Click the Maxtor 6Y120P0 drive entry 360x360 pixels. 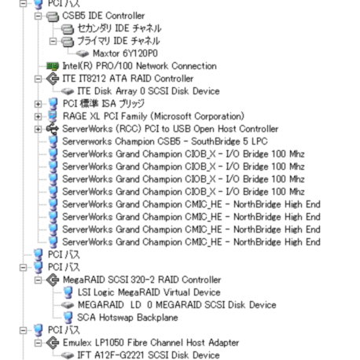pos(125,53)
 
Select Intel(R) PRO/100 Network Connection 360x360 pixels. pos(139,66)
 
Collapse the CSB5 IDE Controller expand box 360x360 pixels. pos(38,16)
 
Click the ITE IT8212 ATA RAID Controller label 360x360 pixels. pos(128,79)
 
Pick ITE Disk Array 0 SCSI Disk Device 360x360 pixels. pos(149,91)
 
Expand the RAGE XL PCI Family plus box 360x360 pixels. pos(38,116)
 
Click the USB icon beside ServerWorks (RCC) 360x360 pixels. pos(53,129)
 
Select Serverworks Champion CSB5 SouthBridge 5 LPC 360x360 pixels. pos(165,141)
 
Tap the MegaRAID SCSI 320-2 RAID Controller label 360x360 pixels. pos(141,280)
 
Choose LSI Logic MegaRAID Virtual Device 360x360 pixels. pos(149,292)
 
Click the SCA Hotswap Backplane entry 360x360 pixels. pos(127,318)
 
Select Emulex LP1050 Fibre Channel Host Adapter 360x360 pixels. pos(151,343)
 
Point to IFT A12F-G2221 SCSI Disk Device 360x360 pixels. pos(149,355)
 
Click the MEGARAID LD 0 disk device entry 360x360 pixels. pos(177,305)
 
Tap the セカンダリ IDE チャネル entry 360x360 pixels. pos(119,28)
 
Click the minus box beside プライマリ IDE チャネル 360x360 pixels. pos(53,41)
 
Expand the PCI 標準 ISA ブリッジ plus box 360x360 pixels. pos(38,104)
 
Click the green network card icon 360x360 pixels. pos(53,66)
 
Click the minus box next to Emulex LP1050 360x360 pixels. pos(38,343)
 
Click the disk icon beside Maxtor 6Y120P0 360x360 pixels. pos(83,53)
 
